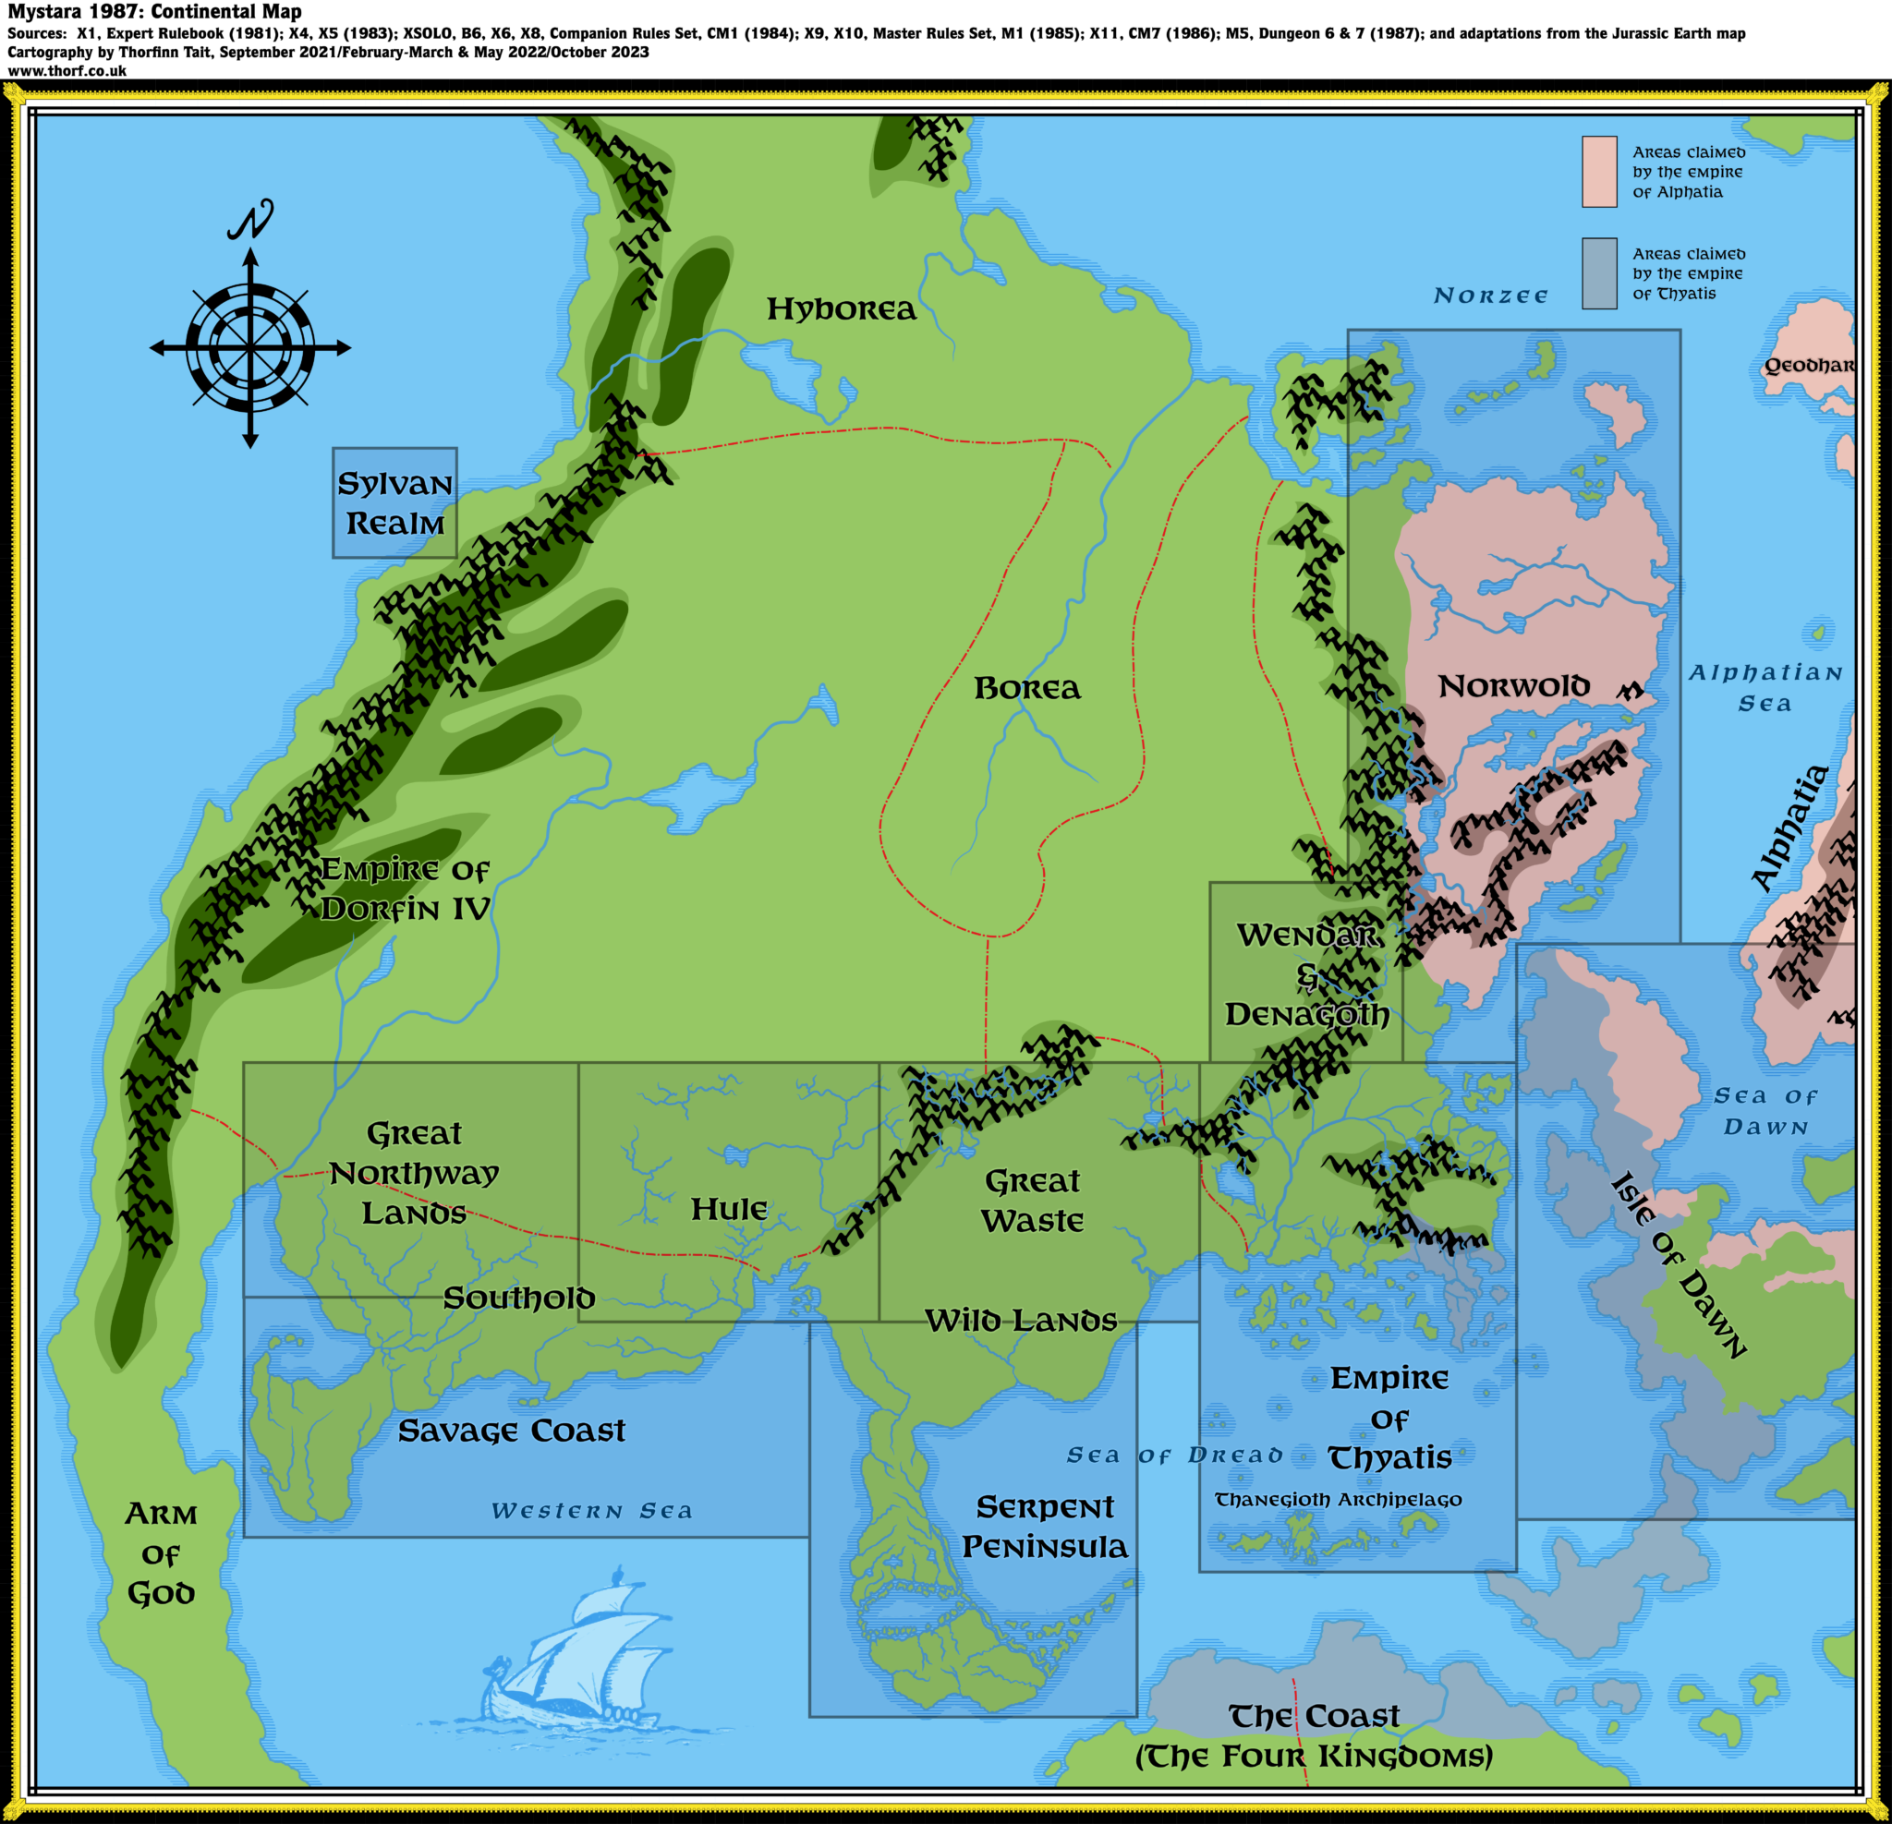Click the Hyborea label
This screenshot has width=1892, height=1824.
pos(841,308)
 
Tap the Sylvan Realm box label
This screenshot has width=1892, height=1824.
pos(394,502)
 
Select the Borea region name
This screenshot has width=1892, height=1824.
pos(1026,688)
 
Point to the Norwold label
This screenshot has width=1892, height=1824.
pos(1512,686)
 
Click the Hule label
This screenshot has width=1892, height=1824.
pos(729,1209)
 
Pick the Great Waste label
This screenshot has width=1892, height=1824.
pos(1032,1201)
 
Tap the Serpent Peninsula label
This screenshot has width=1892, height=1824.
pos(1045,1527)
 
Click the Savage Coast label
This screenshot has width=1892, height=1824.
pos(512,1431)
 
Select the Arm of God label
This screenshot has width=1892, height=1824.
pos(161,1553)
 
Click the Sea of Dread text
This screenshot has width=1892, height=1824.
pos(1174,1456)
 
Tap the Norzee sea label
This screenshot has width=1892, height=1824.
pos(1489,296)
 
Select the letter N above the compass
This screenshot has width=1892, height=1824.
pos(251,220)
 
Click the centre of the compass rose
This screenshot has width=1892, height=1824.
pos(250,347)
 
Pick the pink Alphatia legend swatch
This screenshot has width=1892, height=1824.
pos(1598,172)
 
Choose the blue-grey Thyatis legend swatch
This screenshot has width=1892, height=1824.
pos(1598,274)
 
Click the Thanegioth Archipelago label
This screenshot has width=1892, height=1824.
pos(1338,1500)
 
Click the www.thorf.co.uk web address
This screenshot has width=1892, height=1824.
pos(67,70)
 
